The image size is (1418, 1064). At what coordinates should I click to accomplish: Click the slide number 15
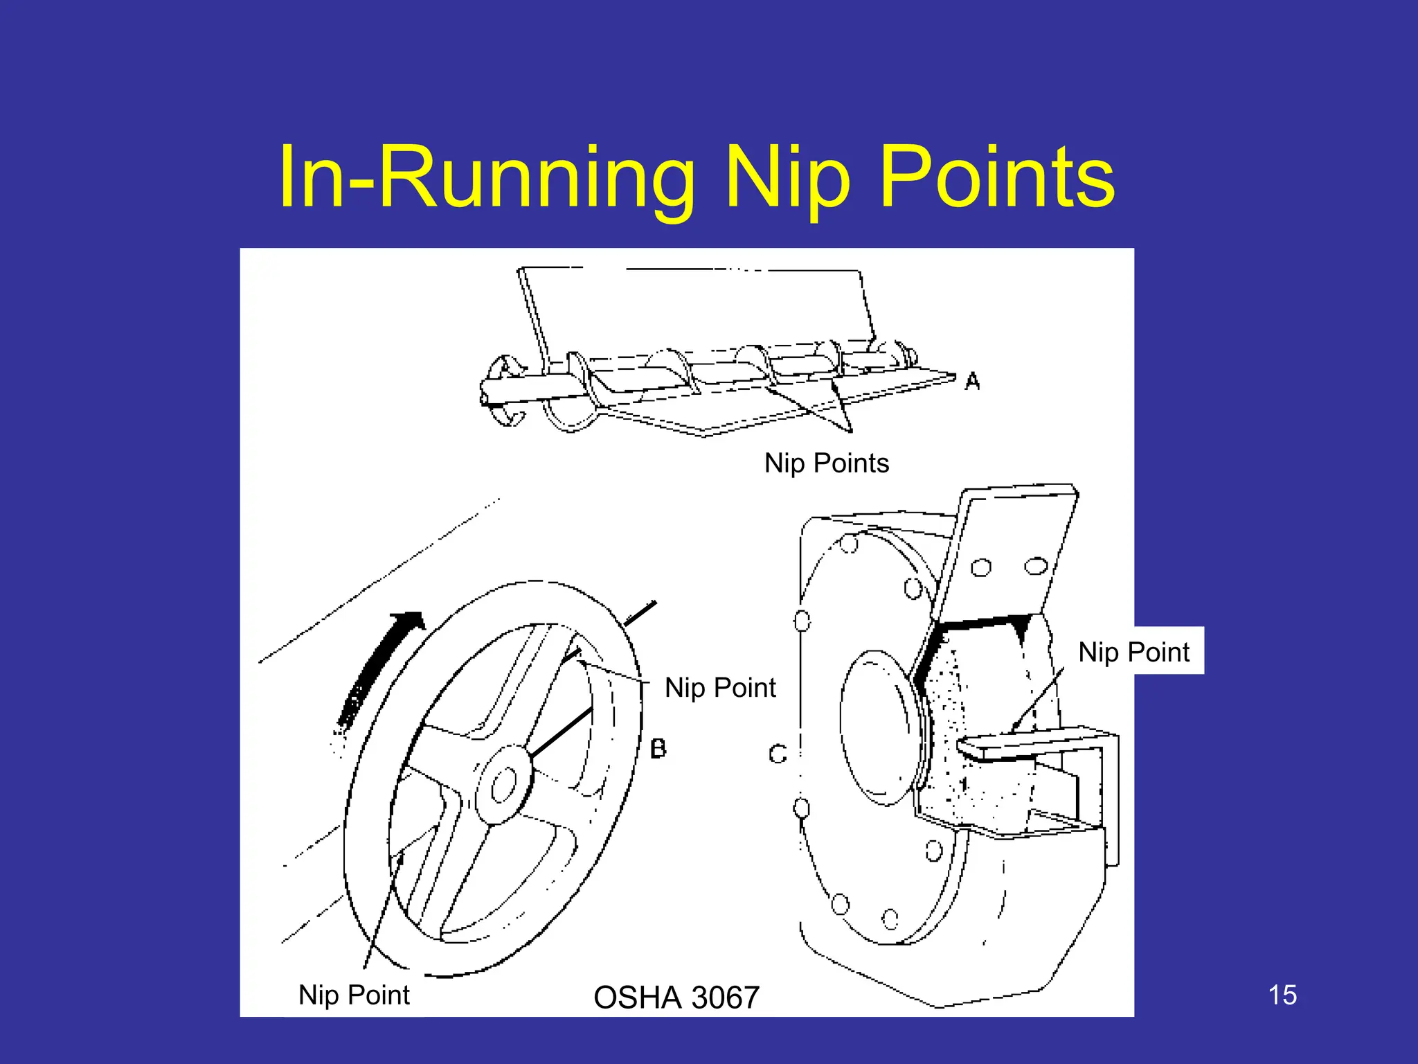[x=1282, y=995]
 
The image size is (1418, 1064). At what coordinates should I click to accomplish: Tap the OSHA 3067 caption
[x=676, y=997]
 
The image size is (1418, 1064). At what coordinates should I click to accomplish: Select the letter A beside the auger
[x=972, y=381]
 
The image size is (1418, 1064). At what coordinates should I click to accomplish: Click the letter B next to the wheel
[x=658, y=748]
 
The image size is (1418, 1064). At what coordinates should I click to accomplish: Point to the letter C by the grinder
[x=778, y=754]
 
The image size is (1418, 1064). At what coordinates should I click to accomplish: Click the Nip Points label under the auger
[x=826, y=463]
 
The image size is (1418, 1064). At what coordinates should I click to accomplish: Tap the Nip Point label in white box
[x=1133, y=652]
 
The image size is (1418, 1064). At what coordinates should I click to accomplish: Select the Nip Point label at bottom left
[x=354, y=995]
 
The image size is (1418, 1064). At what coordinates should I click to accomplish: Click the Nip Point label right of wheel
[x=720, y=688]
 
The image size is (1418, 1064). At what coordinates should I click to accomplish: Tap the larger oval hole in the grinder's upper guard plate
[x=1036, y=567]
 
